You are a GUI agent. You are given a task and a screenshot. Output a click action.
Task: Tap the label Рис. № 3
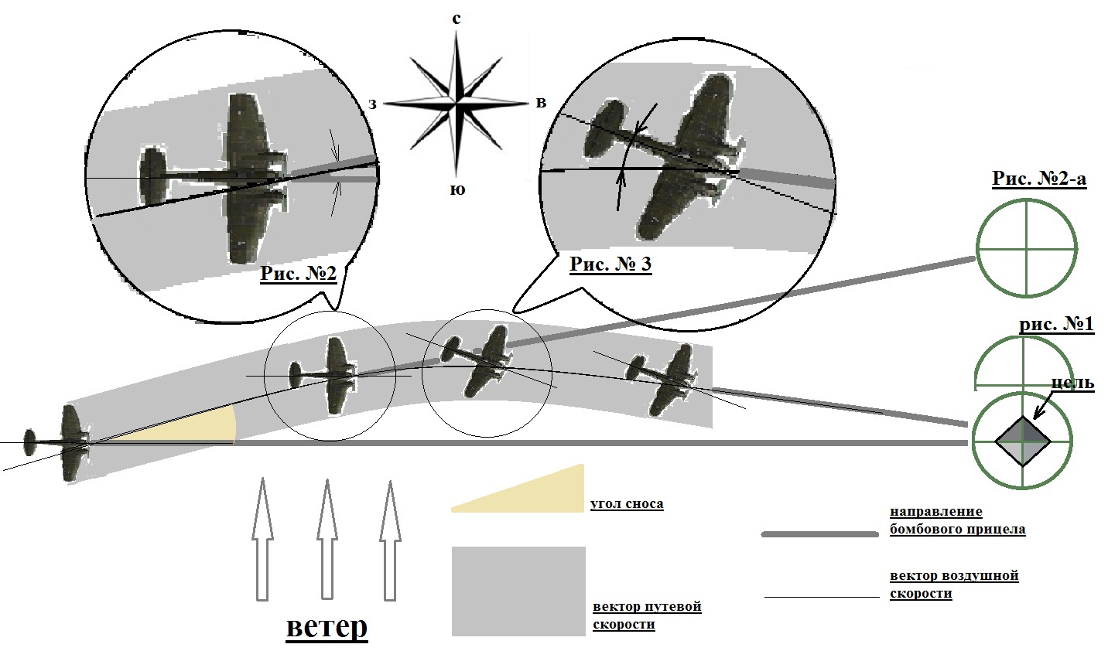pyautogui.click(x=610, y=264)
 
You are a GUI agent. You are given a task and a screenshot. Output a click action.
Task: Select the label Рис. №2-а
pyautogui.click(x=1039, y=179)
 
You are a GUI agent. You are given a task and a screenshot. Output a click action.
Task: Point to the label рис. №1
pyautogui.click(x=1056, y=325)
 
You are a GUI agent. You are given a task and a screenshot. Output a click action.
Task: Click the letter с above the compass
pyautogui.click(x=457, y=19)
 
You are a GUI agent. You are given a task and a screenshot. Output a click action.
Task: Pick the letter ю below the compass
pyautogui.click(x=457, y=189)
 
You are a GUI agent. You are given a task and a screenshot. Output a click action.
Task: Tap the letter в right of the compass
pyautogui.click(x=541, y=103)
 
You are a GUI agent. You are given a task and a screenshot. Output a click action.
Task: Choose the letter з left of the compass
pyautogui.click(x=372, y=104)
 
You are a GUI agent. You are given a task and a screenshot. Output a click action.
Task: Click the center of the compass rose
pyautogui.click(x=457, y=101)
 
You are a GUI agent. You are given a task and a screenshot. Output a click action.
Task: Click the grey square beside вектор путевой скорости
pyautogui.click(x=518, y=591)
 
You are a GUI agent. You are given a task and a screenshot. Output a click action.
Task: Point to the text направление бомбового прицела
pyautogui.click(x=957, y=520)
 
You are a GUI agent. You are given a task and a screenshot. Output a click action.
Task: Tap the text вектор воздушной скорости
pyautogui.click(x=953, y=585)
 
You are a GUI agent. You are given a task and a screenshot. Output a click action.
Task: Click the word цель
pyautogui.click(x=1073, y=383)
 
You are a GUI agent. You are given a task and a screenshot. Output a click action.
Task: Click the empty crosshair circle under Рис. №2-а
pyautogui.click(x=1026, y=247)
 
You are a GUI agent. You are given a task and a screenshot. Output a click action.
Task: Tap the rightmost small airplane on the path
pyautogui.click(x=666, y=378)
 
